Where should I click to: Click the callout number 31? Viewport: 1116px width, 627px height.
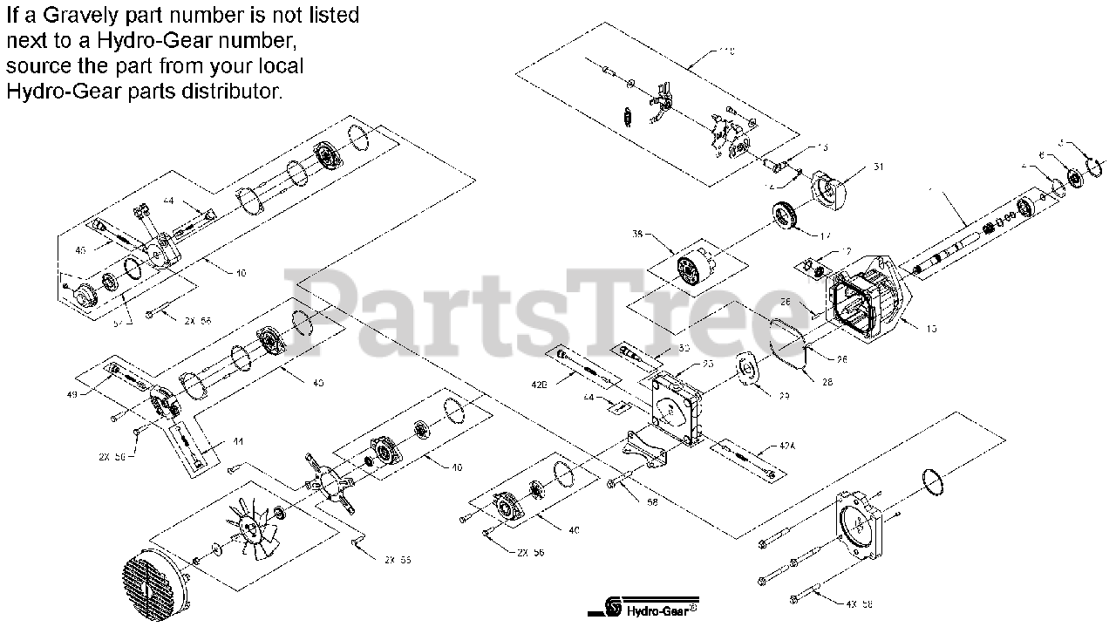pyautogui.click(x=878, y=167)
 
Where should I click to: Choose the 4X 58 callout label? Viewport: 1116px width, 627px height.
pyautogui.click(x=860, y=603)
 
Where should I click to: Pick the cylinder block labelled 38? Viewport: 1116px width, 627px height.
pyautogui.click(x=695, y=266)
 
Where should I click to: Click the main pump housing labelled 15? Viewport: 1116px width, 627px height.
pyautogui.click(x=872, y=296)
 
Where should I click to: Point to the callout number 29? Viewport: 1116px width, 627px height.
pyautogui.click(x=783, y=395)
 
